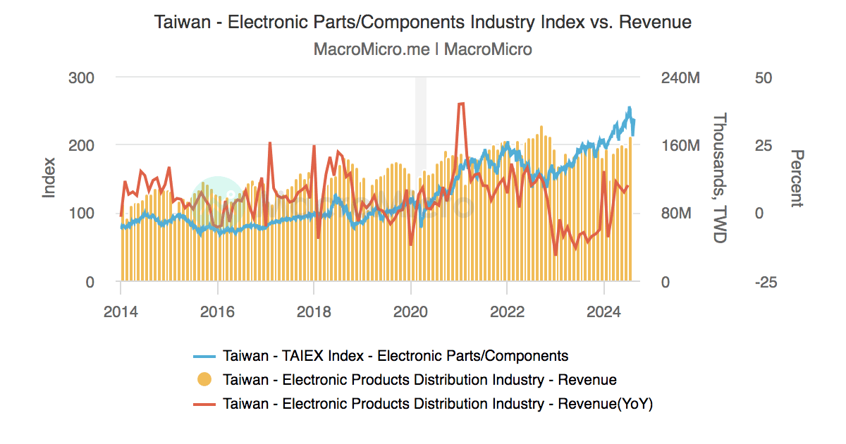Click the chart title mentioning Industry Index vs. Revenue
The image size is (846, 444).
pyautogui.click(x=423, y=23)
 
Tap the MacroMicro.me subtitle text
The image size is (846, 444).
pyautogui.click(x=423, y=49)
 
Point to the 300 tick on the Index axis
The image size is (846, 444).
pyautogui.click(x=81, y=78)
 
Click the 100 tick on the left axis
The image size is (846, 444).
pyautogui.click(x=81, y=214)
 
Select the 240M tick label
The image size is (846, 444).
pyautogui.click(x=680, y=78)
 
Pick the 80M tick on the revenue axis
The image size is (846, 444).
pyautogui.click(x=675, y=214)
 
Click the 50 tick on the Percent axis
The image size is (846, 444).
pyautogui.click(x=764, y=78)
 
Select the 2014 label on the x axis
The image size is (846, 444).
pyautogui.click(x=121, y=310)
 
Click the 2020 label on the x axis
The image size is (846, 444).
pyautogui.click(x=410, y=310)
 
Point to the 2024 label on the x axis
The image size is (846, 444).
pyautogui.click(x=603, y=310)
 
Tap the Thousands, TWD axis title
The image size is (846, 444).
pyautogui.click(x=719, y=179)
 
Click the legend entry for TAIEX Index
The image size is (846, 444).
pyautogui.click(x=395, y=355)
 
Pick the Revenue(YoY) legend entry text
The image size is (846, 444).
pyautogui.click(x=437, y=404)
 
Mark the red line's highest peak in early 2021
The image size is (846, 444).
pyautogui.click(x=461, y=104)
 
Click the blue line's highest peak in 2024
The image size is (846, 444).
pyautogui.click(x=629, y=109)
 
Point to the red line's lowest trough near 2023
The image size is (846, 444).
pyautogui.click(x=556, y=254)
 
